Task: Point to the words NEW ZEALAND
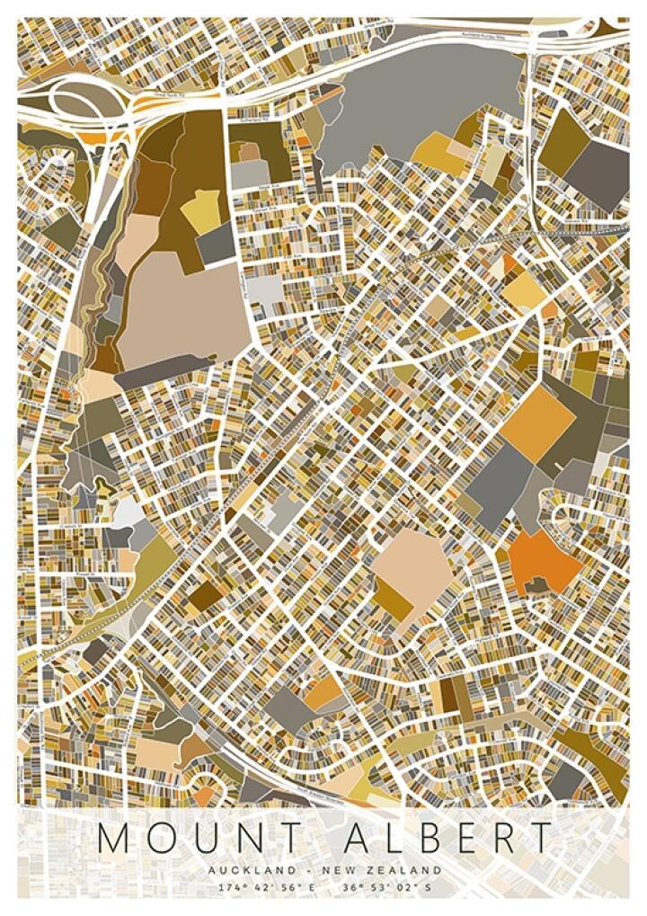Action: (x=395, y=870)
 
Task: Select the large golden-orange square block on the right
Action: (x=536, y=423)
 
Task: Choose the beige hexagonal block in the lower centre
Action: (x=412, y=566)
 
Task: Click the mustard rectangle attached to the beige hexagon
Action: (x=393, y=597)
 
